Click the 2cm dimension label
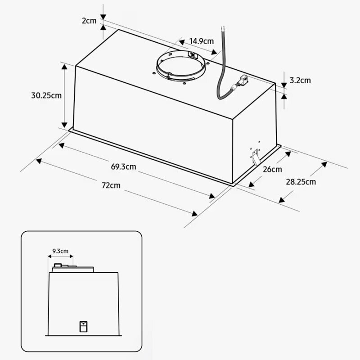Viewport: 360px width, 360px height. click(89, 21)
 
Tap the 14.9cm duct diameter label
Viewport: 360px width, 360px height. click(201, 41)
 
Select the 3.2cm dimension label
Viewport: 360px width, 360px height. click(300, 81)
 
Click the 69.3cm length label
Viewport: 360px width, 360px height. click(123, 167)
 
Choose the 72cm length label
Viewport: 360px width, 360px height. click(111, 185)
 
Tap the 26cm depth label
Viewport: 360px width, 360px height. click(273, 169)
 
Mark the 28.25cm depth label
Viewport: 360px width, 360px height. click(301, 182)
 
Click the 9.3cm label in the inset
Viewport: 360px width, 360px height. click(60, 251)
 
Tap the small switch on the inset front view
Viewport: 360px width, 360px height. click(83, 326)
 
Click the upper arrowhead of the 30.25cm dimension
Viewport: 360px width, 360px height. click(65, 67)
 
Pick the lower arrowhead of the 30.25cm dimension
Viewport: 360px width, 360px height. click(65, 125)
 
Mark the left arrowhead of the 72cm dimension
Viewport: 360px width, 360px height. click(39, 161)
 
